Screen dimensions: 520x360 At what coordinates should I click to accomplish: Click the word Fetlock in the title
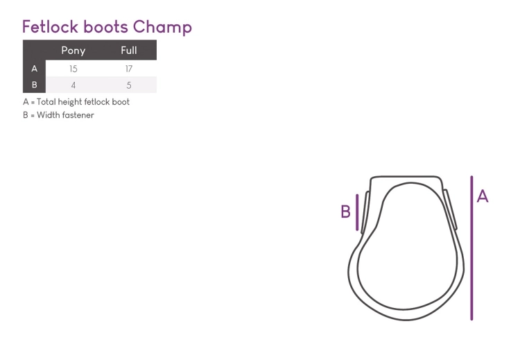[50, 26]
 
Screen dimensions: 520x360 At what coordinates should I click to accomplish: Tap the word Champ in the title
[162, 28]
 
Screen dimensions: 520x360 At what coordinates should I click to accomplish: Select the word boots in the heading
[105, 26]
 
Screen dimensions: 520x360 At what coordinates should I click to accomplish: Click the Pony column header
[73, 51]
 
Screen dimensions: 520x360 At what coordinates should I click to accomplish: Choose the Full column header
[129, 50]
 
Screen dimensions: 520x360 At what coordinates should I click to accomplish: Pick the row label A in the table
[34, 69]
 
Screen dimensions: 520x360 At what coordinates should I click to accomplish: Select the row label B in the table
[34, 85]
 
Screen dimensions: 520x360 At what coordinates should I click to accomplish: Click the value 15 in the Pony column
[73, 69]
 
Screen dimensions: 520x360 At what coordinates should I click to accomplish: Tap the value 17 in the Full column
[129, 69]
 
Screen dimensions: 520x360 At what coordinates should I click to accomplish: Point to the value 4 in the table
[73, 85]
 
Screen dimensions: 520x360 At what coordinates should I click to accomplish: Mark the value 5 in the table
[129, 85]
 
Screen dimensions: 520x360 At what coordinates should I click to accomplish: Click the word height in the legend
[69, 102]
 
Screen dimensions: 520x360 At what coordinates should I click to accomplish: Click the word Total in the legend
[46, 102]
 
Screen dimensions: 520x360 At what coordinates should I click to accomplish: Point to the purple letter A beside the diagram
[483, 196]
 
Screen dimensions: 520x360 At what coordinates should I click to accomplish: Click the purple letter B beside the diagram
[345, 212]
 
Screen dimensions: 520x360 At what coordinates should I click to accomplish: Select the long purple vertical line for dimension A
[471, 248]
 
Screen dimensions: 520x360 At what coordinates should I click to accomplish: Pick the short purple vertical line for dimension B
[357, 212]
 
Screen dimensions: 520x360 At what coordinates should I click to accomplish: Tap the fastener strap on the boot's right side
[451, 209]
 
